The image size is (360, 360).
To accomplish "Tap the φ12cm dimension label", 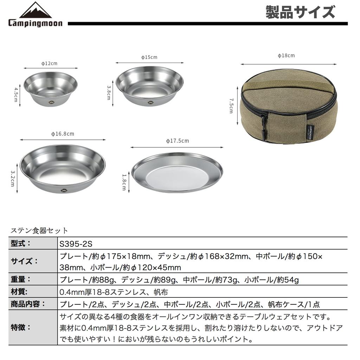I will point(49,63).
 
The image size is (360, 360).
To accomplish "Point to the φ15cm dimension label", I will point(149,57).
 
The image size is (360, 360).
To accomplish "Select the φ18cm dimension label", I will point(286,56).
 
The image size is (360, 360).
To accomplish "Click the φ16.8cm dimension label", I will point(63,134).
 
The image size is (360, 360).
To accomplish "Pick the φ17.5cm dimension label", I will point(177,141).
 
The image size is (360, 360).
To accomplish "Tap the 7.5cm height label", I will point(231,105).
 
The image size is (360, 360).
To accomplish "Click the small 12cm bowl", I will point(51,89).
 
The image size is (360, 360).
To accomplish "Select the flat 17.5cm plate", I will point(177,172).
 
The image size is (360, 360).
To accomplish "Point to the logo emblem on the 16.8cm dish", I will point(64,190).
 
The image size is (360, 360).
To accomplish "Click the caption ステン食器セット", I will point(39,231).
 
